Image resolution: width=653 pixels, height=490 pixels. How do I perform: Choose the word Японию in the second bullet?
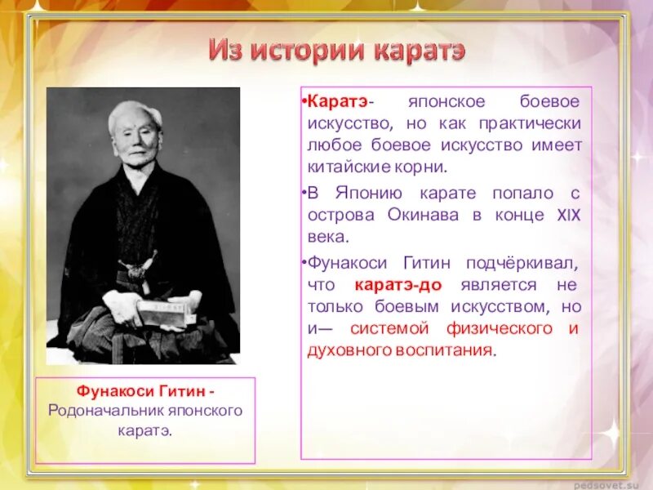(x=367, y=194)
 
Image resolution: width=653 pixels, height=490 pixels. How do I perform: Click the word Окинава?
(x=429, y=215)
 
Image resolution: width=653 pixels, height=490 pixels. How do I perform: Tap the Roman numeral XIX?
(x=568, y=215)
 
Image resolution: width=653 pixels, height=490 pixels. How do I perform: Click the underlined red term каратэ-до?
(x=399, y=285)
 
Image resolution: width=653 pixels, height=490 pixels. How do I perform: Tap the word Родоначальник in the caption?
(x=100, y=411)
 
